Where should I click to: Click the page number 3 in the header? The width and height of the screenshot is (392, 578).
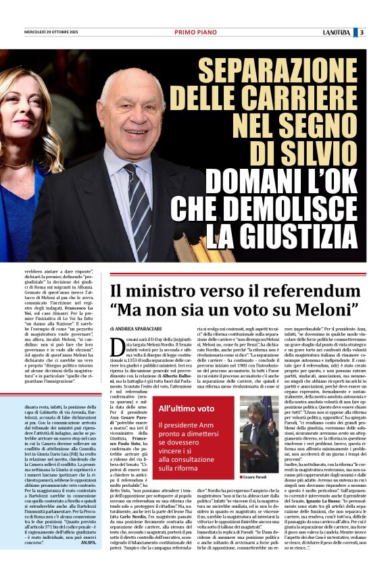[x=362, y=32]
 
